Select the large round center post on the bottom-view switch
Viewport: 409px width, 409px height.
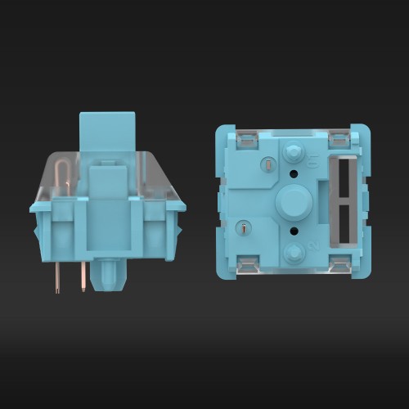pyautogui.click(x=291, y=201)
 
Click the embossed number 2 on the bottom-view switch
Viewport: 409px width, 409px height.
pyautogui.click(x=312, y=245)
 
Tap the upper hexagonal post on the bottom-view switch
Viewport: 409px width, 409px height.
pyautogui.click(x=293, y=152)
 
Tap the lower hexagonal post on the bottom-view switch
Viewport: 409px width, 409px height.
pyautogui.click(x=293, y=250)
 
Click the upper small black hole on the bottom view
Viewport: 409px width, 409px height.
pyautogui.click(x=294, y=173)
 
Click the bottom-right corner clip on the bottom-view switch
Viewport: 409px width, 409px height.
pyautogui.click(x=339, y=263)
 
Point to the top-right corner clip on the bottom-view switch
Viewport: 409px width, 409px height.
pyautogui.click(x=339, y=140)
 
